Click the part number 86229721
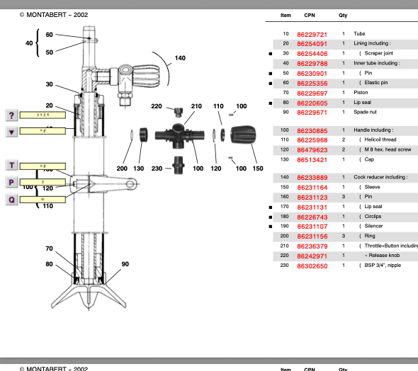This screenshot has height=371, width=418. [x=312, y=34]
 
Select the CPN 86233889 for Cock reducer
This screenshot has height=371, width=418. [x=312, y=177]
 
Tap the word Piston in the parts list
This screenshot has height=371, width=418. [x=361, y=93]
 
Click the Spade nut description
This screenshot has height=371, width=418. [x=366, y=112]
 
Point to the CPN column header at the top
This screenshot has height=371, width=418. [x=310, y=15]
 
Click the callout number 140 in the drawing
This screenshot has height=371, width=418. [x=180, y=58]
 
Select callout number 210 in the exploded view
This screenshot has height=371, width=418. [x=196, y=106]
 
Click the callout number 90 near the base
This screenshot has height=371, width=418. [x=125, y=264]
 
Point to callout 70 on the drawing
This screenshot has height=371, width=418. [x=49, y=249]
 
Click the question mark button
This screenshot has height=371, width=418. [x=11, y=115]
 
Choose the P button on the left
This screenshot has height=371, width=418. [x=11, y=182]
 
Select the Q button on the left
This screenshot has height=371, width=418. [x=11, y=199]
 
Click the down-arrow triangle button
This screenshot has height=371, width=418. [x=11, y=131]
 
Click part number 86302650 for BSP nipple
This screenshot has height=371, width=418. [x=312, y=266]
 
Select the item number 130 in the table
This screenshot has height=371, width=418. [x=286, y=159]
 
